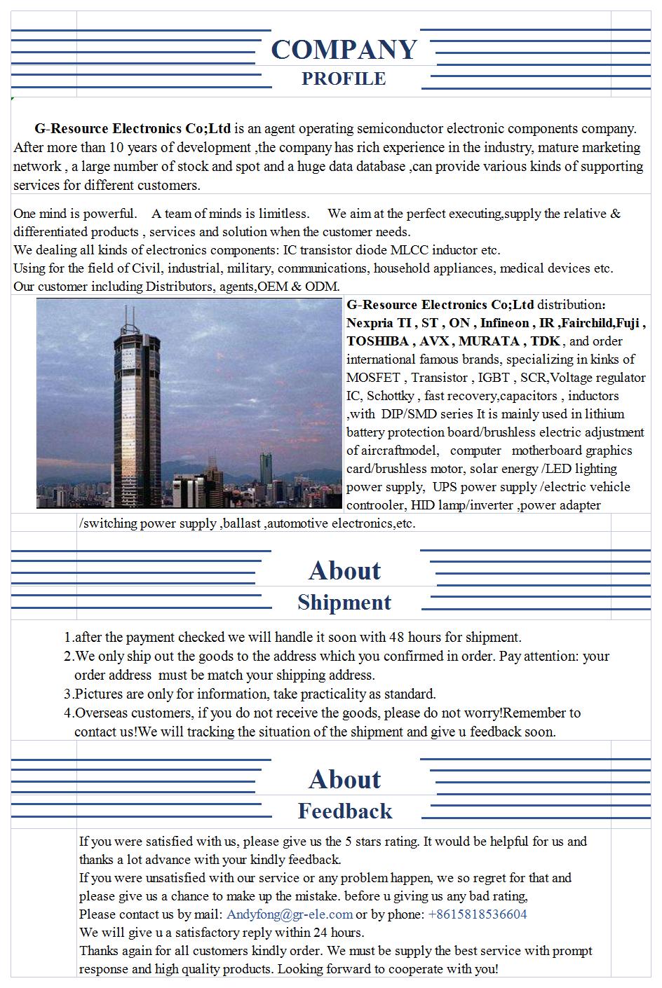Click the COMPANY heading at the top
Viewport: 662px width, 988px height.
(344, 49)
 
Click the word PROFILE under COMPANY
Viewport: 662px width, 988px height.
(344, 78)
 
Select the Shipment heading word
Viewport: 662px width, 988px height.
(344, 603)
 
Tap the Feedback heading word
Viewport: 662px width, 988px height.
(344, 811)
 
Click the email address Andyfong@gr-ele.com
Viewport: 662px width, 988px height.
(290, 914)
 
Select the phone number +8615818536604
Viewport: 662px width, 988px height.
(477, 914)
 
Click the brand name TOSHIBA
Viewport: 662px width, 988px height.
(376, 341)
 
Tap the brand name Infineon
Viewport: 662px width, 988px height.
(504, 323)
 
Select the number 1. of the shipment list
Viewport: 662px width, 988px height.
(68, 638)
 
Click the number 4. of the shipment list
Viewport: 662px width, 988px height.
(68, 713)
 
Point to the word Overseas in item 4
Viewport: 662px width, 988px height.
(104, 713)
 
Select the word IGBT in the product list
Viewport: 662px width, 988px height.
(493, 378)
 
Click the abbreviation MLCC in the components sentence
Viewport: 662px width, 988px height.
(405, 250)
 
